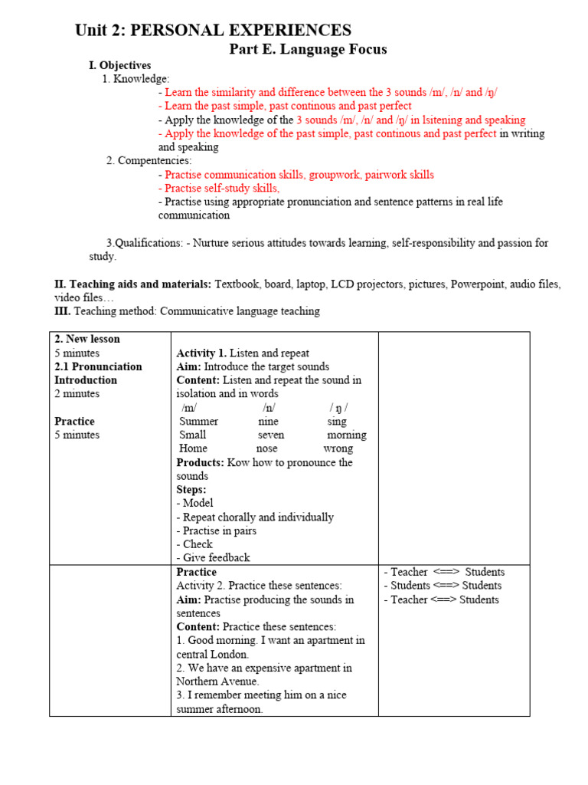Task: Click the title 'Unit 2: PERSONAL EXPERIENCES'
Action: click(213, 31)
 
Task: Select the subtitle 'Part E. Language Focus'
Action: click(309, 50)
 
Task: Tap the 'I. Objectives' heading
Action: click(120, 65)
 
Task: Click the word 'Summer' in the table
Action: click(198, 422)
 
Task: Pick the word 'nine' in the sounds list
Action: click(269, 422)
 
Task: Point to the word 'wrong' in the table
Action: click(338, 448)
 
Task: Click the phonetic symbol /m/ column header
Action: click(189, 408)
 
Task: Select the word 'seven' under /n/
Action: click(271, 435)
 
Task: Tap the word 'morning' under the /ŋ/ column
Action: click(346, 435)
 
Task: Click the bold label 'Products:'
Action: click(201, 462)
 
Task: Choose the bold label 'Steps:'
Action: click(191, 490)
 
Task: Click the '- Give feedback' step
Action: click(213, 558)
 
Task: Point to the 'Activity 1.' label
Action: click(201, 353)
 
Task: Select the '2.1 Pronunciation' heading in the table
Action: click(98, 366)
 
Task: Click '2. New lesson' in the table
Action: click(87, 339)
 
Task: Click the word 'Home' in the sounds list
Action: click(193, 448)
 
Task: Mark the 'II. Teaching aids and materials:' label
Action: click(132, 284)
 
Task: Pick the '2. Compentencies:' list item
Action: click(149, 161)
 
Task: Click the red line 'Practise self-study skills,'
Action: click(219, 189)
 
